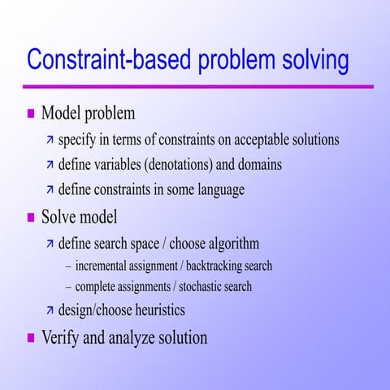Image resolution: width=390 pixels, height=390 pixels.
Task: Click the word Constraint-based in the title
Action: tap(106, 60)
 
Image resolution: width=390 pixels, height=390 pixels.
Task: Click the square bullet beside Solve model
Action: tap(32, 217)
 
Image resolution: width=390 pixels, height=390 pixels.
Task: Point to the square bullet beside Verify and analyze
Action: tap(32, 337)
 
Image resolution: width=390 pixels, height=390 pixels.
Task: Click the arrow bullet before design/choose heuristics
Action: tap(50, 310)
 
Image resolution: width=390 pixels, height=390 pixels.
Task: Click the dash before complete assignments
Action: tap(67, 287)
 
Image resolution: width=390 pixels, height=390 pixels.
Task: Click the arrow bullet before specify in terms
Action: tap(50, 140)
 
